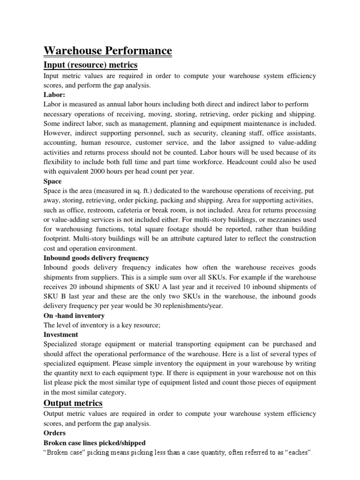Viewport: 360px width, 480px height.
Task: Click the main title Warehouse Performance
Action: click(x=108, y=51)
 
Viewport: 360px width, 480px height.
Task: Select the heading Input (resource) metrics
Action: click(x=90, y=64)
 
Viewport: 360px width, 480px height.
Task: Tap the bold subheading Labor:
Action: click(x=54, y=94)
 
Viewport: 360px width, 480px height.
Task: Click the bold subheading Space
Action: click(x=52, y=181)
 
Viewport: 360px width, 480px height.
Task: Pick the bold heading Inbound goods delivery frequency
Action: click(x=96, y=258)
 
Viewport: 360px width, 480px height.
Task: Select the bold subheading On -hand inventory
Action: click(x=74, y=315)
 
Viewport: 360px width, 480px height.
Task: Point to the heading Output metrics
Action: click(x=73, y=403)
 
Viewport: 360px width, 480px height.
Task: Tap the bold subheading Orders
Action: click(x=54, y=433)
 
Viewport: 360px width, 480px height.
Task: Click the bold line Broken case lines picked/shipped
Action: click(x=94, y=442)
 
